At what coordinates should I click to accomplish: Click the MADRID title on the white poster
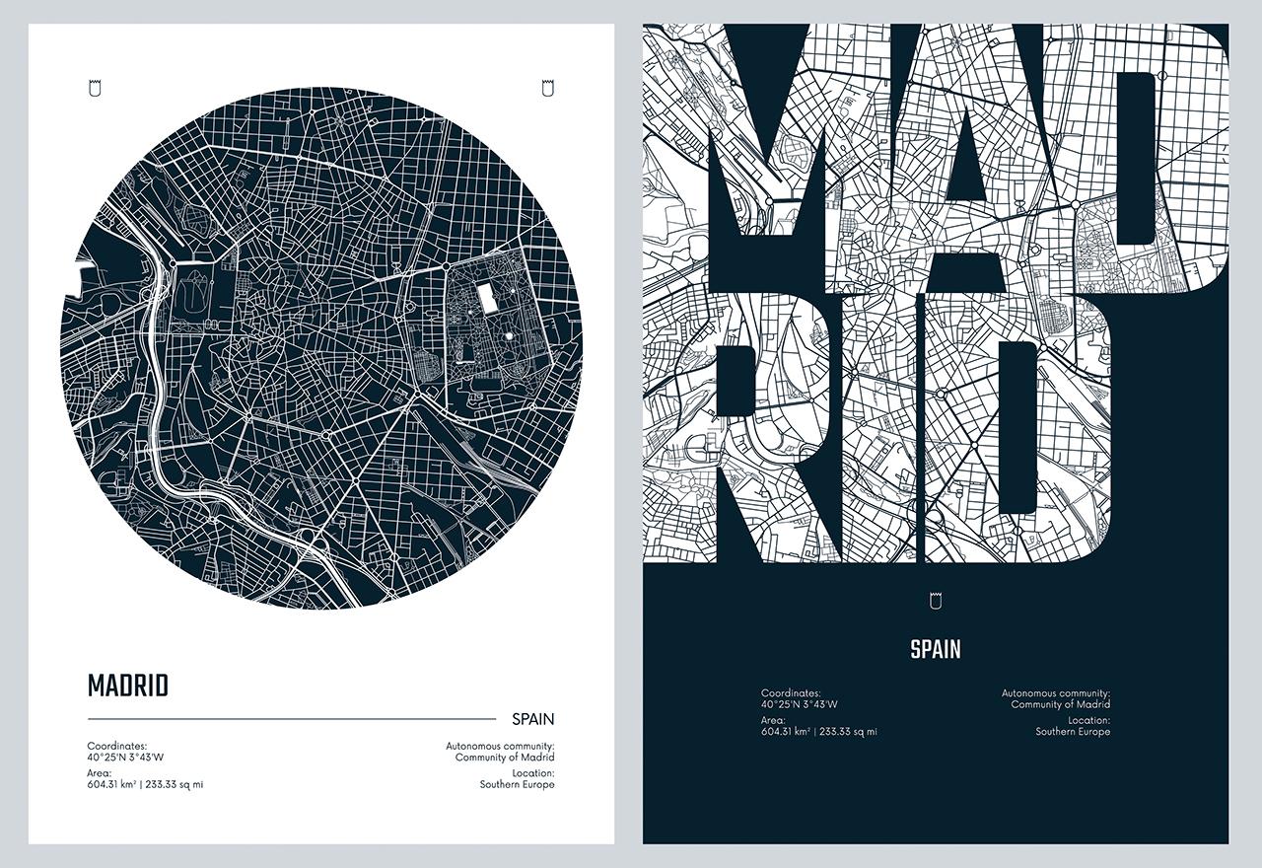click(x=128, y=686)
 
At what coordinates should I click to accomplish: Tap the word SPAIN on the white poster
click(x=532, y=719)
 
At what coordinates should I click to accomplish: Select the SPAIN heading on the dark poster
click(x=935, y=649)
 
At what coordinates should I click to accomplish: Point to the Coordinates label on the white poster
click(x=117, y=747)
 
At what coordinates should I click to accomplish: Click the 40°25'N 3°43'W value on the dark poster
click(x=799, y=704)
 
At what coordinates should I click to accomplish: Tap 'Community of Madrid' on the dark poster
click(x=1060, y=704)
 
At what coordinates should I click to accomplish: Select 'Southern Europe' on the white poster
click(x=517, y=785)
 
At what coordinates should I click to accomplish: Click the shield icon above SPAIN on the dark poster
click(x=936, y=600)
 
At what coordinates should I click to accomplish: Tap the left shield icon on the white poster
click(x=95, y=89)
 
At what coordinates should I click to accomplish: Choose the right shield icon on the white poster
click(x=548, y=89)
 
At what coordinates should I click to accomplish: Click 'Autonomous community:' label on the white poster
click(x=500, y=747)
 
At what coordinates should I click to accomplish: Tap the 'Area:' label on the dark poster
click(x=773, y=720)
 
